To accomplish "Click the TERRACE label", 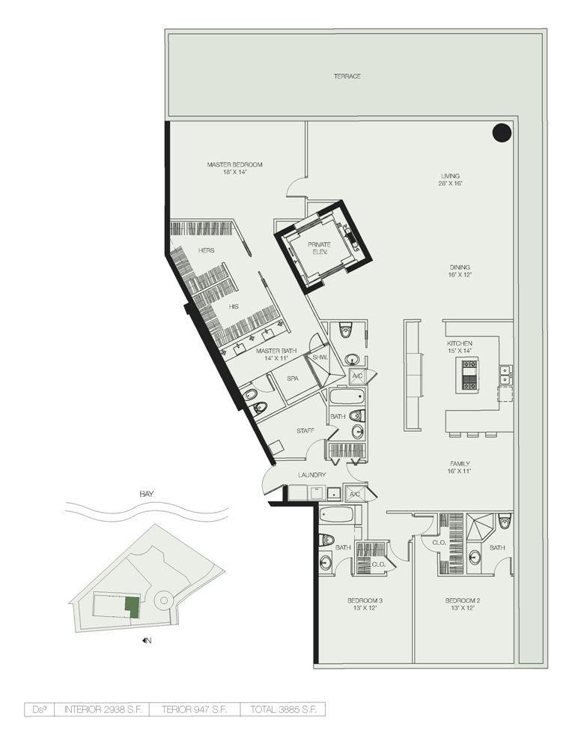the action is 347,76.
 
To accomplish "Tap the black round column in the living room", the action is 502,132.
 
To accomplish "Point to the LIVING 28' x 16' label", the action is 450,180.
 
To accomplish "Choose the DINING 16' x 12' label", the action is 460,271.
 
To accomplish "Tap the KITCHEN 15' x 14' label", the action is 460,347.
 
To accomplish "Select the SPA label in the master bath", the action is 292,378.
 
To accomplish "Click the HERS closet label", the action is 207,250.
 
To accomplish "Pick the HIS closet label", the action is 234,307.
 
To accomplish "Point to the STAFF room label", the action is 305,431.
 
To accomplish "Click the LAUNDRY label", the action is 312,475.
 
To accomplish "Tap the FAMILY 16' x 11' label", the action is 460,468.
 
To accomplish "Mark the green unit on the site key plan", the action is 132,607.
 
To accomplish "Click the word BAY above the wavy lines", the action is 147,494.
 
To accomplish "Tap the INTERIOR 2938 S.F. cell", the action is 103,710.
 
